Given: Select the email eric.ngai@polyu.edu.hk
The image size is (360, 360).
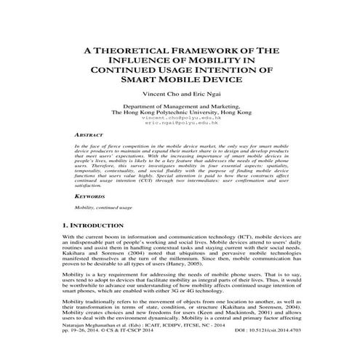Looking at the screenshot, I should pos(182,124).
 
